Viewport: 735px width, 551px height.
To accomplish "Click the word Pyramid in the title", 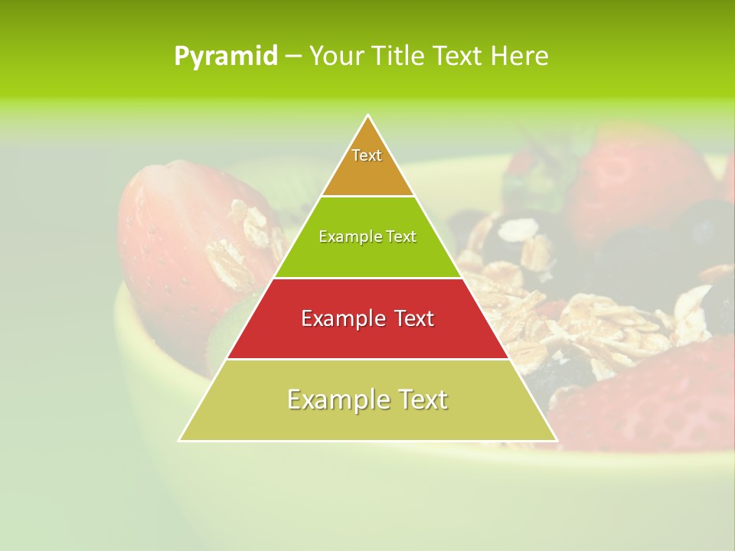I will point(225,57).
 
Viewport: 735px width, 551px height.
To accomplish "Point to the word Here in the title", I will point(520,57).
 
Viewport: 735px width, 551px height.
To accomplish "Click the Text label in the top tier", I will point(367,155).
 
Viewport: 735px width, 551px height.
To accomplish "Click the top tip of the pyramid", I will point(368,116).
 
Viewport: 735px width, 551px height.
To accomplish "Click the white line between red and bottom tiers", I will point(367,359).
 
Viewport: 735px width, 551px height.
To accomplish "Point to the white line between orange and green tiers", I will point(367,197).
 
